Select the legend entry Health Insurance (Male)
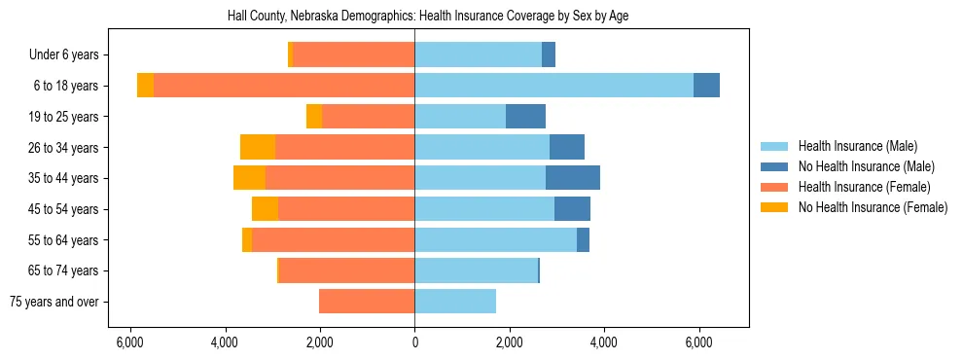coord(857,146)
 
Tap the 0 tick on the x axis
coord(414,342)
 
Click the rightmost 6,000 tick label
coord(698,342)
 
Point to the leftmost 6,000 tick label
coord(130,342)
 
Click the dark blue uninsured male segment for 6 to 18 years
coord(706,86)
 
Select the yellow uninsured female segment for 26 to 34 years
coord(258,147)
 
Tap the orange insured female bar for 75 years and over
coord(367,302)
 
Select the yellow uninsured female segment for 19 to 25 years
coord(314,117)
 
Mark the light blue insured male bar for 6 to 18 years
coord(553,86)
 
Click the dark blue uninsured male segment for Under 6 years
coord(549,55)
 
